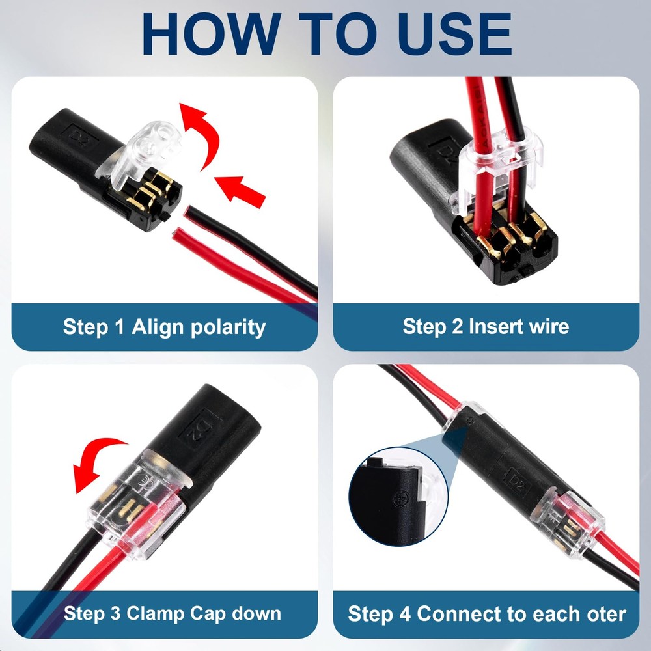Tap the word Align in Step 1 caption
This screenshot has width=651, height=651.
pyautogui.click(x=158, y=326)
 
